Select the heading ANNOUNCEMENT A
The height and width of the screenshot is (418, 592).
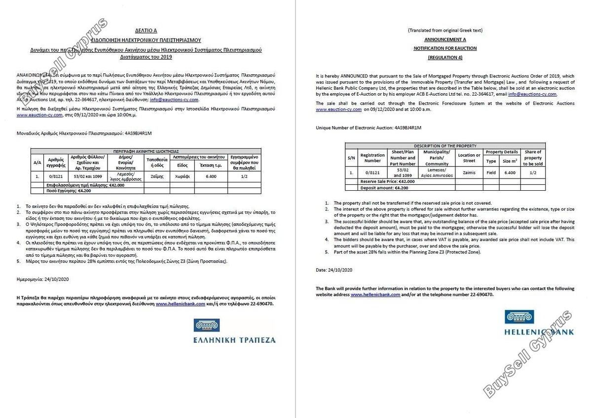pyautogui.click(x=444, y=39)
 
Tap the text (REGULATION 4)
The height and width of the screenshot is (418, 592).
pyautogui.click(x=444, y=57)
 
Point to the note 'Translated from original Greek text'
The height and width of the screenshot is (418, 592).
pyautogui.click(x=445, y=31)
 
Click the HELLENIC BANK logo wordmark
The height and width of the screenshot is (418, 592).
pyautogui.click(x=539, y=332)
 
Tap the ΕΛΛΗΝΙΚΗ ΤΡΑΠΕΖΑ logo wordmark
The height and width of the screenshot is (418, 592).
pyautogui.click(x=235, y=340)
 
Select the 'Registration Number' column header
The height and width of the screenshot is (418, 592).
pyautogui.click(x=372, y=157)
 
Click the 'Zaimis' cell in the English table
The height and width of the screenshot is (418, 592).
pyautogui.click(x=469, y=173)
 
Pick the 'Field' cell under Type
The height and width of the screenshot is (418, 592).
pyautogui.click(x=491, y=173)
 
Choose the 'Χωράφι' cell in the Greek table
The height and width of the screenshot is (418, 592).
pyautogui.click(x=182, y=175)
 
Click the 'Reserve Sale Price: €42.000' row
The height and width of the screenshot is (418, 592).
pyautogui.click(x=387, y=181)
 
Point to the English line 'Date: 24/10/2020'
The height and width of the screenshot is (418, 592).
pyautogui.click(x=334, y=270)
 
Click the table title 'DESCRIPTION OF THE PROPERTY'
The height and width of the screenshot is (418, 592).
pyautogui.click(x=445, y=146)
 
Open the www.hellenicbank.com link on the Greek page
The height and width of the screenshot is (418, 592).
pyautogui.click(x=181, y=304)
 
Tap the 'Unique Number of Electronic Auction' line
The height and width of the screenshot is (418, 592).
pyautogui.click(x=369, y=128)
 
